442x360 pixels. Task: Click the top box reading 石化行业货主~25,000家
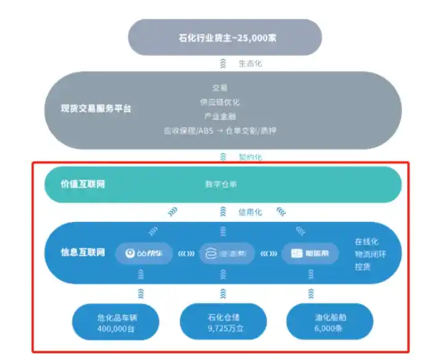tap(225, 37)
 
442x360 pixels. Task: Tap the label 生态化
tap(250, 63)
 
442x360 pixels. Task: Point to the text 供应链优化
tap(220, 102)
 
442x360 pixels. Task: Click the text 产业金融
tap(220, 116)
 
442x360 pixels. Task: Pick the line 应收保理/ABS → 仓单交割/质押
tap(220, 131)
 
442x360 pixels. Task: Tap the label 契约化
tap(250, 157)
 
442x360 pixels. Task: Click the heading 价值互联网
tap(83, 184)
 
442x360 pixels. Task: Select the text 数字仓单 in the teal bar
tap(221, 184)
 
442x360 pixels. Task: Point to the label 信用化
tap(250, 212)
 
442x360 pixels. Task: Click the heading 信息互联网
tap(83, 252)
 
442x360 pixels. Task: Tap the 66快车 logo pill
tap(144, 253)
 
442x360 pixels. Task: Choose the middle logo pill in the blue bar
tap(226, 253)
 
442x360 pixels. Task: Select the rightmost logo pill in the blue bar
tap(309, 253)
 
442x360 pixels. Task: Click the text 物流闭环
tap(370, 254)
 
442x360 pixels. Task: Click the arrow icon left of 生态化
tap(223, 63)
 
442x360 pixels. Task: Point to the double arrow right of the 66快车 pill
tap(186, 253)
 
